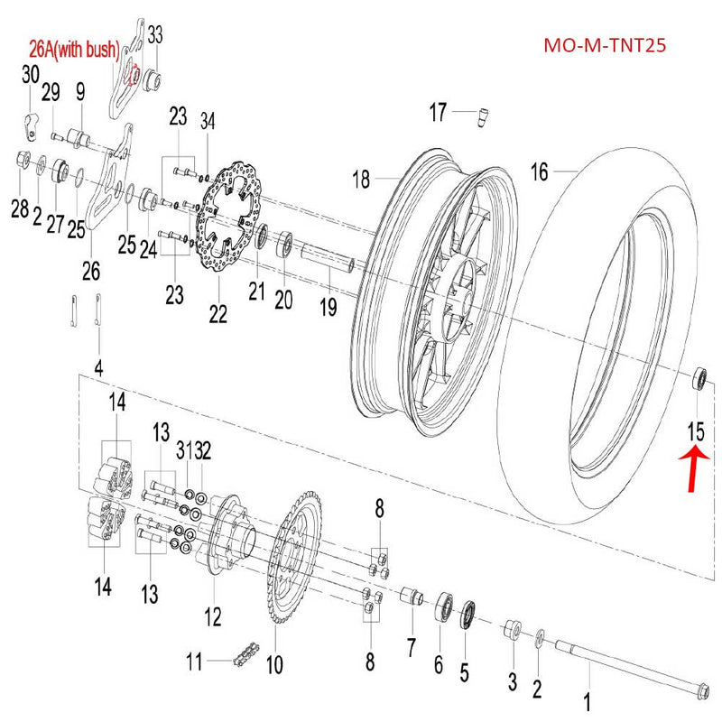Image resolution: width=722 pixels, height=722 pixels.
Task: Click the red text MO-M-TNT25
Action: [x=605, y=45]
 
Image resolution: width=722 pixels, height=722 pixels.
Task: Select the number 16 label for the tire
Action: [x=539, y=171]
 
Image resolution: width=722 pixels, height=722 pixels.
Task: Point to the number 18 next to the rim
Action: [x=361, y=180]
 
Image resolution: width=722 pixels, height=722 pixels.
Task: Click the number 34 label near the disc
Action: [x=208, y=122]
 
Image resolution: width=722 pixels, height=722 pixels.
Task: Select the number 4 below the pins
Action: [x=98, y=367]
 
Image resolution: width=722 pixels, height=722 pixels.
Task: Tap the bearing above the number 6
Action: [x=445, y=606]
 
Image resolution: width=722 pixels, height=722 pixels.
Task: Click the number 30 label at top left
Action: [x=31, y=73]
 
